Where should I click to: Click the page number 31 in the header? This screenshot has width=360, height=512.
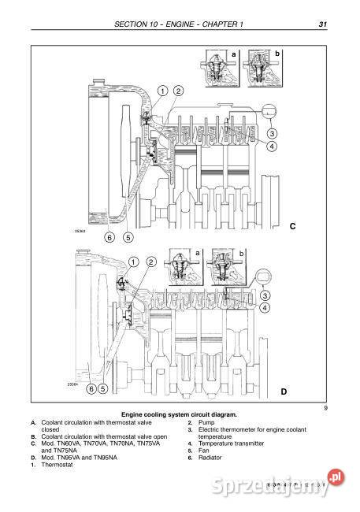click(323, 24)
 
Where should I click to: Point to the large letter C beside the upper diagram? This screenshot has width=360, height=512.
click(292, 226)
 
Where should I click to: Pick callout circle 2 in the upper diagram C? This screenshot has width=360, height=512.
click(178, 91)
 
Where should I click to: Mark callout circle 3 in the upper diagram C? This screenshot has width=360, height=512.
click(271, 133)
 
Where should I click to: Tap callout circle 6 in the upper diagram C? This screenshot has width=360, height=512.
click(110, 236)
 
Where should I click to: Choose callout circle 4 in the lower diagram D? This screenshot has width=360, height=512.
click(265, 308)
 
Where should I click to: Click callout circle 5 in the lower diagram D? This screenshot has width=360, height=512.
click(103, 388)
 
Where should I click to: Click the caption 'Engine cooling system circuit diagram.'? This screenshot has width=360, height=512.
click(178, 414)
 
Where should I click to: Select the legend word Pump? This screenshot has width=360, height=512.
click(206, 423)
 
